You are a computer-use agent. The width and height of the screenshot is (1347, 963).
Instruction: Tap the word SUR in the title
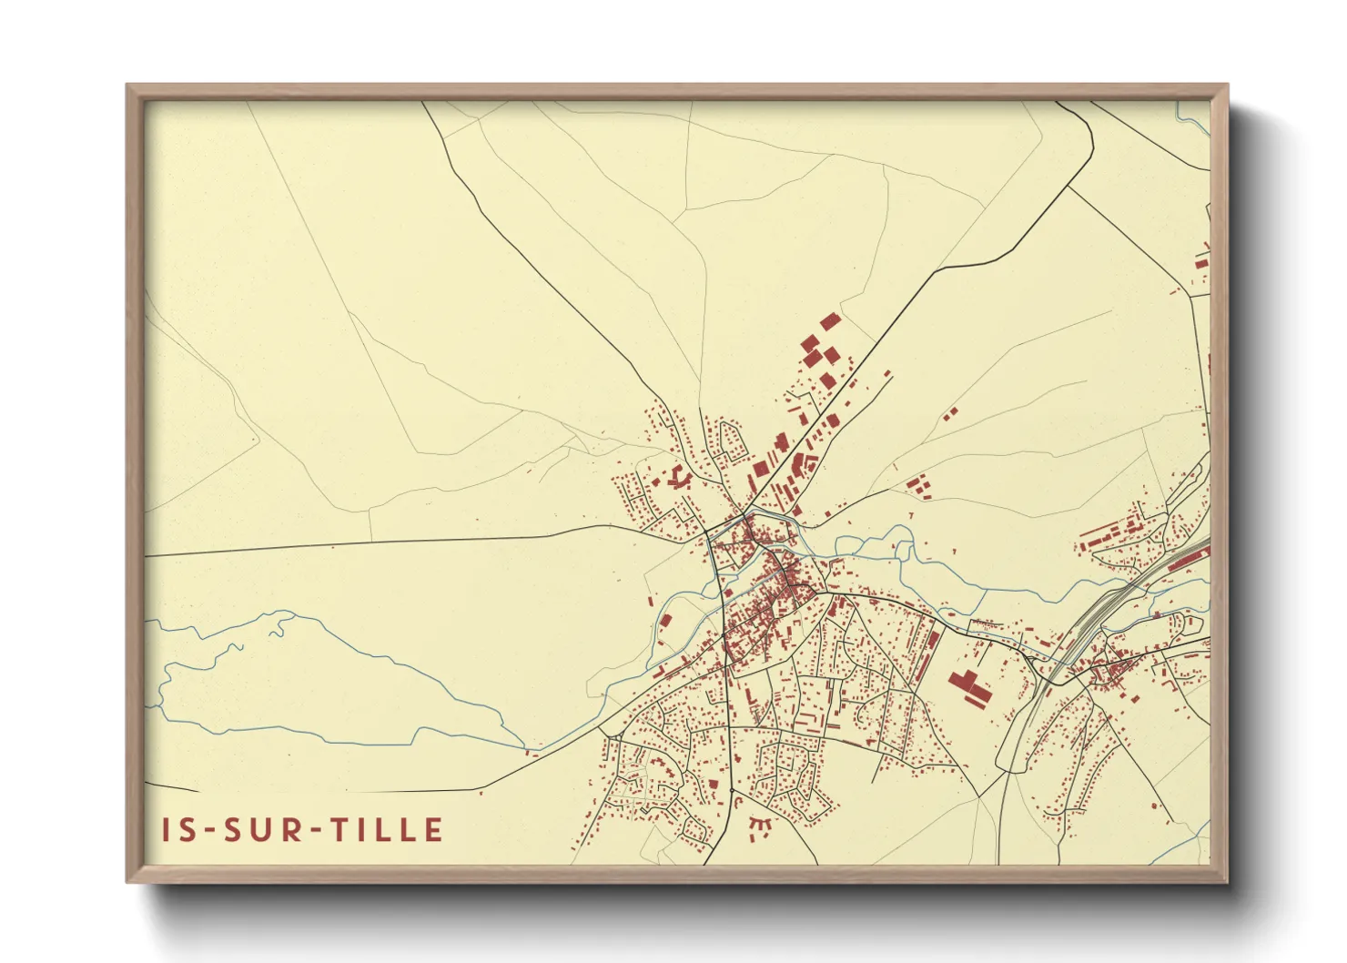tap(262, 830)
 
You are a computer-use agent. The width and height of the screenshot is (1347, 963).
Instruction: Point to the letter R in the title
tap(293, 830)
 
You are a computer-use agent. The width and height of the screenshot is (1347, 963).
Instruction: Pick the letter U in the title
tap(263, 830)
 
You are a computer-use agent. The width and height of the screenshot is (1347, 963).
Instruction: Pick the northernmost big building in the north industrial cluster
tap(828, 321)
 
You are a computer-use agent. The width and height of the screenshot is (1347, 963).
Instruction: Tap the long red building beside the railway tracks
tap(1188, 557)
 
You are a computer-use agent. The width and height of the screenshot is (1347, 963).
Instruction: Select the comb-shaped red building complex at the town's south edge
tap(760, 826)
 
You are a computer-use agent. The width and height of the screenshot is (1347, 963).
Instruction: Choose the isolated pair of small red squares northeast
tap(950, 414)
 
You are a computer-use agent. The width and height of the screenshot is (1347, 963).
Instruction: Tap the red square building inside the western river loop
tap(665, 621)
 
